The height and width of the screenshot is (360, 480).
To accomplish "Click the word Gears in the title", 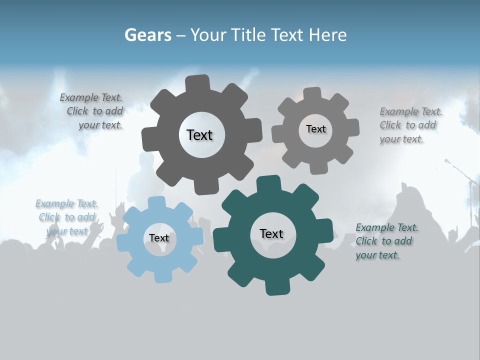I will click(147, 35).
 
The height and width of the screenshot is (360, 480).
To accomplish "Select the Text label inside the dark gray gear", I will click(199, 135).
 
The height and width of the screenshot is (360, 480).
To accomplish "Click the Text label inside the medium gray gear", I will click(315, 129).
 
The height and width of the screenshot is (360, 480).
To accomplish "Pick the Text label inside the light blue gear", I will click(159, 238).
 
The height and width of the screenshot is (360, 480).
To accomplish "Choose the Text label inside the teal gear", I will click(271, 233).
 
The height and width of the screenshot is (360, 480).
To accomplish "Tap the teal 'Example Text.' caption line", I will click(387, 228).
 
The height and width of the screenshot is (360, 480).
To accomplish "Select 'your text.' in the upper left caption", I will click(100, 125).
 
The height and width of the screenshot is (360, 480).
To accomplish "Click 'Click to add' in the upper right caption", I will click(407, 125).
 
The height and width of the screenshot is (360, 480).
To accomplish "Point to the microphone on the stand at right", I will click(447, 161).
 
